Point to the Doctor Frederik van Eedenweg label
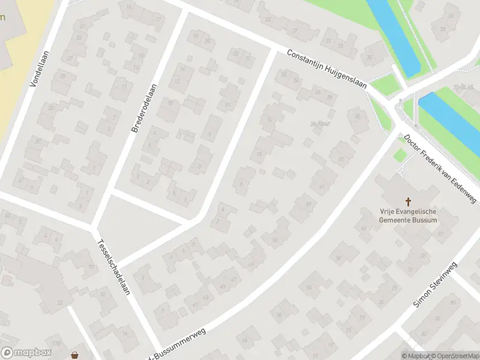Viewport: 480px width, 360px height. click(440, 169)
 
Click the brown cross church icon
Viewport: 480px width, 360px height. click(409, 202)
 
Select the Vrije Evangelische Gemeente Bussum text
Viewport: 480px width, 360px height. click(408, 215)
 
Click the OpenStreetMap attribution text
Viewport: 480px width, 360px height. click(454, 356)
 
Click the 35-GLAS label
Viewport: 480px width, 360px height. click(463, 88)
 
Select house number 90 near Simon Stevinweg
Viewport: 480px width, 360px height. click(452, 302)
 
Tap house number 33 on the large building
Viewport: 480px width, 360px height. click(59, 302)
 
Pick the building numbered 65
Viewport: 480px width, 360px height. click(341, 159)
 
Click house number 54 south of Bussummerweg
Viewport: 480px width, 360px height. click(310, 288)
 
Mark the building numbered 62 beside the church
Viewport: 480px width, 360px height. click(364, 228)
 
